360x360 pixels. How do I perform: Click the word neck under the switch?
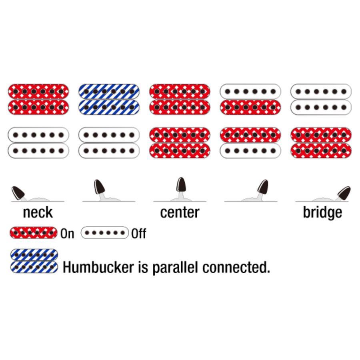pyautogui.click(x=38, y=212)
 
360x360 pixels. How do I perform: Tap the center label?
pyautogui.click(x=180, y=212)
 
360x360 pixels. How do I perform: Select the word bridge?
pyautogui.click(x=322, y=212)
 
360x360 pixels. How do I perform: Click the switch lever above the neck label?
pyautogui.click(x=18, y=192)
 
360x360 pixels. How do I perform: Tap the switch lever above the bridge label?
pyautogui.click(x=344, y=192)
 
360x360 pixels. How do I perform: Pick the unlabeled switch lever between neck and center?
pyautogui.click(x=99, y=187)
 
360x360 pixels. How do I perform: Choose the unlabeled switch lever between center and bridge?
pyautogui.click(x=263, y=187)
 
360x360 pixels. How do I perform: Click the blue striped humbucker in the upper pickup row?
pyautogui.click(x=109, y=99)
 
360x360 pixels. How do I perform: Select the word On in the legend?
pyautogui.click(x=67, y=234)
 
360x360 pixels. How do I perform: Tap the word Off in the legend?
pyautogui.click(x=138, y=234)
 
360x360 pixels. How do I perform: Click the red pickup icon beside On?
pyautogui.click(x=33, y=232)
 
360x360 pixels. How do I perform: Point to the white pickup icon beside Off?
pyautogui.click(x=105, y=232)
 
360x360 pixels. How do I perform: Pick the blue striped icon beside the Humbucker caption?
pyautogui.click(x=34, y=261)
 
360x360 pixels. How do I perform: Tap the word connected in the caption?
pyautogui.click(x=236, y=267)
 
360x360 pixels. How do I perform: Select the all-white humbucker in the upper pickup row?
pyautogui.click(x=321, y=99)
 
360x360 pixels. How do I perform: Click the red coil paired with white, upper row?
pyautogui.click(x=250, y=107)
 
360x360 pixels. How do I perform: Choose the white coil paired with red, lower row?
pyautogui.click(x=250, y=151)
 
